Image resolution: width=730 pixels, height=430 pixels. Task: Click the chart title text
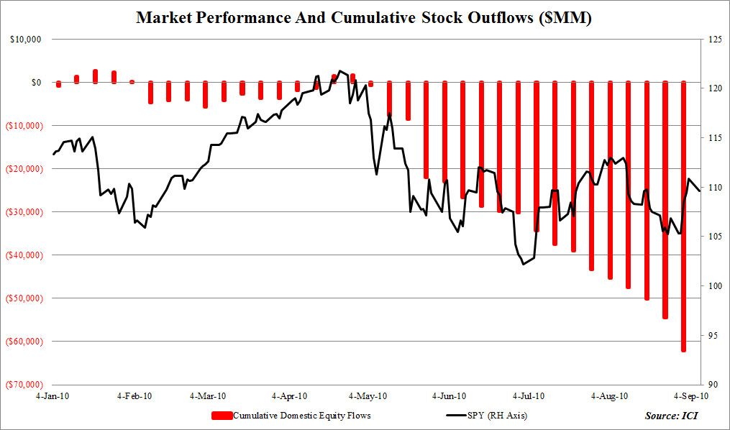364,18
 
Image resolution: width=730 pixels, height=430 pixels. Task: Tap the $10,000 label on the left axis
25,40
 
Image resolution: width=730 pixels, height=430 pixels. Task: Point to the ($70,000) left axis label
24,385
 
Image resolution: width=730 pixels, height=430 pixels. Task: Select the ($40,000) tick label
24,255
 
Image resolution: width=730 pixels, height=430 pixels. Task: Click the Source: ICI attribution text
671,416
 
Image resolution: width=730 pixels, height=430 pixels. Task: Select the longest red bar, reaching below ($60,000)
683,216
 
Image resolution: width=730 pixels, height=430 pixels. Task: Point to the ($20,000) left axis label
24,169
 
